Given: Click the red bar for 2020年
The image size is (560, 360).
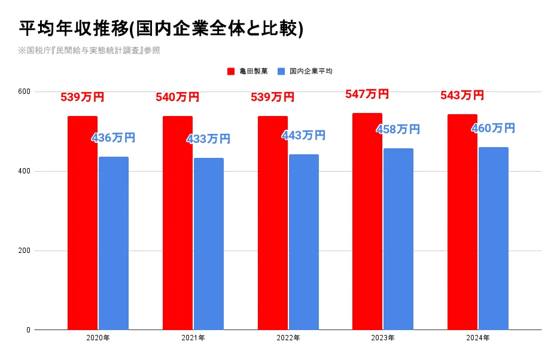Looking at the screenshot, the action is click(x=83, y=223).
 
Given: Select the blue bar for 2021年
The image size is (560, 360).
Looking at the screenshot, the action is click(x=209, y=244).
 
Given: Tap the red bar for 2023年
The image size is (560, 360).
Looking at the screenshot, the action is click(x=367, y=221).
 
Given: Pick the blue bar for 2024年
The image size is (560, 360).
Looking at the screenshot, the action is click(x=494, y=239).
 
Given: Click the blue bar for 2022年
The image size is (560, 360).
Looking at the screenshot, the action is click(x=304, y=242).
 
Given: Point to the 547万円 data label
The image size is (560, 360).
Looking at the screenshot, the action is click(x=367, y=94).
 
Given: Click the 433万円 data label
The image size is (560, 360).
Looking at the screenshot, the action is click(x=209, y=139).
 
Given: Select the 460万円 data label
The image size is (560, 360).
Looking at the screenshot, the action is click(x=494, y=128).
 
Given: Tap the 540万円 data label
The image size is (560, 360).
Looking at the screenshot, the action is click(x=178, y=97).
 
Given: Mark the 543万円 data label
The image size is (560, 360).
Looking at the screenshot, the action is click(x=462, y=95).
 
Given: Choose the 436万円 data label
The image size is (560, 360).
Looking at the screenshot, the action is click(x=114, y=138).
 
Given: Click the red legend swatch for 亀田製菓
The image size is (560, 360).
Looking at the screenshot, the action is click(x=231, y=71).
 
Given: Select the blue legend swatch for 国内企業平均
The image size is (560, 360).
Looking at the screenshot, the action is click(x=281, y=71).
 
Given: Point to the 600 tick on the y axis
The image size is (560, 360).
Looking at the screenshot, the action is click(x=25, y=91).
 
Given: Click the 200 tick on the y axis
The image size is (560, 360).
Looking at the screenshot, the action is click(x=25, y=251).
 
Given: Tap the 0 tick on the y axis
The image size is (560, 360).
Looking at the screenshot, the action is click(x=29, y=330).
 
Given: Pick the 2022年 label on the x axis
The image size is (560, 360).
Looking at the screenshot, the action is click(x=288, y=338).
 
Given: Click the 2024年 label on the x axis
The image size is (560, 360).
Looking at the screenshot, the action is click(x=478, y=338).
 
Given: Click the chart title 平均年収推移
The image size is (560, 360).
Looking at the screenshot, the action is click(x=73, y=29).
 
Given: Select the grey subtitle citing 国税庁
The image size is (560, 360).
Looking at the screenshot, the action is click(x=89, y=50).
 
